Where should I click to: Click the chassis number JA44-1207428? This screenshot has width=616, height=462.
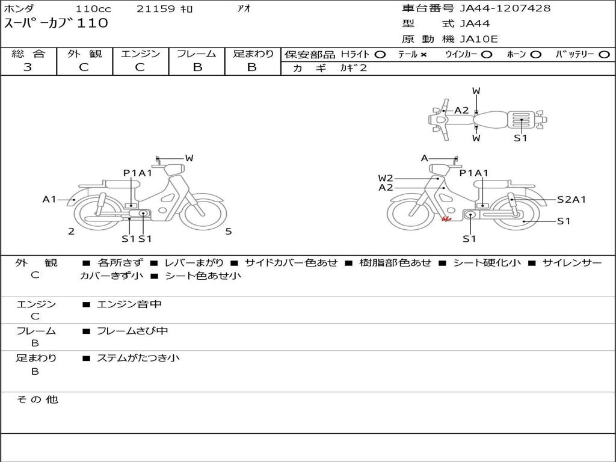pyautogui.click(x=505, y=8)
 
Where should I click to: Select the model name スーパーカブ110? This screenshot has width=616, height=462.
pyautogui.click(x=56, y=23)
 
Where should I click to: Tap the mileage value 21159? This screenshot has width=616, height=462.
pyautogui.click(x=156, y=8)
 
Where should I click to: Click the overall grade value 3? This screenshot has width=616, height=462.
pyautogui.click(x=28, y=67)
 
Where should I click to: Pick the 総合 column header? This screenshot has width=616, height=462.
pyautogui.click(x=28, y=54)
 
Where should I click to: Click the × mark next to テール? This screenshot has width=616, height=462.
pyautogui.click(x=423, y=55)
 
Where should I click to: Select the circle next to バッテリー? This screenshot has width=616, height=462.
pyautogui.click(x=604, y=55)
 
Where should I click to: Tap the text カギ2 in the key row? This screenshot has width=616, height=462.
pyautogui.click(x=353, y=68)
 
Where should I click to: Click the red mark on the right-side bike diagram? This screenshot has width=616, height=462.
pyautogui.click(x=446, y=219)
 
